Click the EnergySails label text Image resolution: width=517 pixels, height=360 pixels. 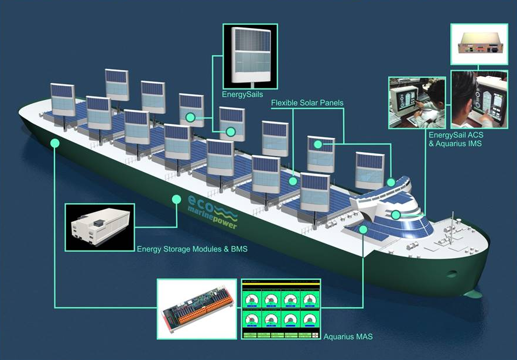coord(242,95)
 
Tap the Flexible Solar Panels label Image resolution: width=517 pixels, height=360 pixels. coord(307,103)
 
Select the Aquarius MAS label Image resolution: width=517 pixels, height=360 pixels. coord(348,337)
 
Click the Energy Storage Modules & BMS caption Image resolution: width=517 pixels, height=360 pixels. coord(192,249)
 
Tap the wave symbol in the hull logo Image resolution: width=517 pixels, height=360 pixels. coord(226,212)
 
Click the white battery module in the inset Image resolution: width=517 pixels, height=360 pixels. coord(100,227)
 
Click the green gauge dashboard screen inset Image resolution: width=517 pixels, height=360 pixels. coord(281,309)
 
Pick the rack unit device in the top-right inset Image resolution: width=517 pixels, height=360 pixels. coord(479,44)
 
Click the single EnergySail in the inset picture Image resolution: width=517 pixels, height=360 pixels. coord(251,56)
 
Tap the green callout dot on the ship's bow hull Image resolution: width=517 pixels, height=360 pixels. coord(55,143)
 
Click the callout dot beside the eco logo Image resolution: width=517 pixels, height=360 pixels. coord(177,199)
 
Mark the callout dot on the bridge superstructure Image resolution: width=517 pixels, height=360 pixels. coord(396,215)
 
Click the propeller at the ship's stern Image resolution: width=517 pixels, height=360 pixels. coord(473,293)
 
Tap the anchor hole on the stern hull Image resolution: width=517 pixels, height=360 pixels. coord(451,273)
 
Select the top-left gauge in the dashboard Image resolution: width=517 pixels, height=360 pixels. coord(252,299)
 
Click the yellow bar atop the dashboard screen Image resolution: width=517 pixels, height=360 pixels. coord(281,283)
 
